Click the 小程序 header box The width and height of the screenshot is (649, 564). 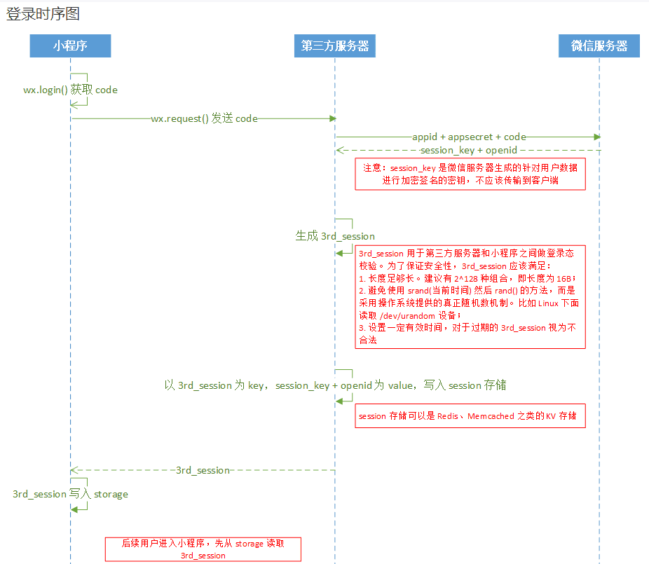pos(70,46)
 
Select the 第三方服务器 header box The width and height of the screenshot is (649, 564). pos(334,46)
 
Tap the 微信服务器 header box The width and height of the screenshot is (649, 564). pos(599,46)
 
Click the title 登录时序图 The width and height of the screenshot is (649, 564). pos(43,14)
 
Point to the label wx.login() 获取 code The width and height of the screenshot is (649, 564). pos(70,90)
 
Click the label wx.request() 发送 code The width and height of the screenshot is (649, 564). pos(205,119)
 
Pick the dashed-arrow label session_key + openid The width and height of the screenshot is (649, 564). pos(469,150)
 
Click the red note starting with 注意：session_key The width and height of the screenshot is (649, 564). pos(470,174)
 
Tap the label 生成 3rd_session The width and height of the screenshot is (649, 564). pos(335,236)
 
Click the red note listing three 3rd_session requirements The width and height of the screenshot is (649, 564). pos(470,297)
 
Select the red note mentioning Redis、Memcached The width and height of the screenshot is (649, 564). pos(470,415)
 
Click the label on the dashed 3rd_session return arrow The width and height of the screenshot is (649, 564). pos(203,470)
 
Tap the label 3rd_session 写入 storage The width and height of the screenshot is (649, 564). pos(70,494)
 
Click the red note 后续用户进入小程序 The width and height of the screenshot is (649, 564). pos(203,549)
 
